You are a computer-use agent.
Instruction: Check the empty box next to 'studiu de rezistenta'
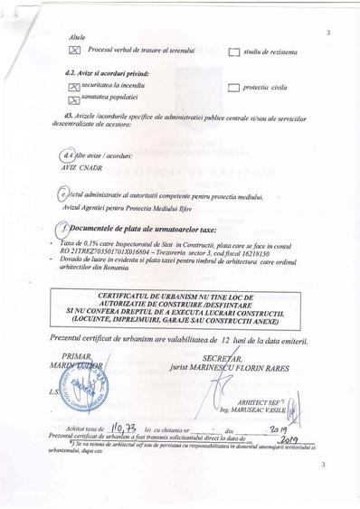(233, 52)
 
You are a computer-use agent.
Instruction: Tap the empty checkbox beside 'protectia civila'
(233, 89)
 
